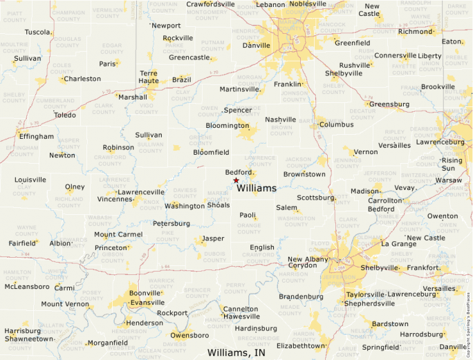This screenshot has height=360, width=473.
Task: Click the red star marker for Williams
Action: (x=236, y=180)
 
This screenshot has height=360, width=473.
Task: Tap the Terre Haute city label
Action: (x=149, y=77)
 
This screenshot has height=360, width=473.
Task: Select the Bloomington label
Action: (x=227, y=126)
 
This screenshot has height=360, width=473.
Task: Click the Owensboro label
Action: (x=189, y=335)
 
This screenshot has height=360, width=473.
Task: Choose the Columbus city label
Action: (x=336, y=125)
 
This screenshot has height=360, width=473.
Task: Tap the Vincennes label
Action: (x=114, y=199)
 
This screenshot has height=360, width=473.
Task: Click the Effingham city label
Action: (x=37, y=136)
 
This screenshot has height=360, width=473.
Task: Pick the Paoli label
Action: (x=248, y=215)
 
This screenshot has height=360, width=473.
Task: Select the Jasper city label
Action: (x=213, y=238)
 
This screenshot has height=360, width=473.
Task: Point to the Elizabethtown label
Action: (x=300, y=345)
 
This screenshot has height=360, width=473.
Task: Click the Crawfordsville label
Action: (x=211, y=4)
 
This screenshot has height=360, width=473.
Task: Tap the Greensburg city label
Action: (x=389, y=104)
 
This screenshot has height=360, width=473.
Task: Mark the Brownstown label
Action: (x=304, y=174)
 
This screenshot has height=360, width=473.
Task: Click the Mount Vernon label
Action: (x=65, y=304)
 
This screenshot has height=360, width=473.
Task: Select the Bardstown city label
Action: (x=390, y=323)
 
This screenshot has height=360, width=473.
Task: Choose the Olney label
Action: (x=75, y=187)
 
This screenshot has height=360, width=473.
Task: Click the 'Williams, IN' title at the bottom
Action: (x=236, y=352)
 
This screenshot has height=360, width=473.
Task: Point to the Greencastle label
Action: (x=189, y=57)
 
